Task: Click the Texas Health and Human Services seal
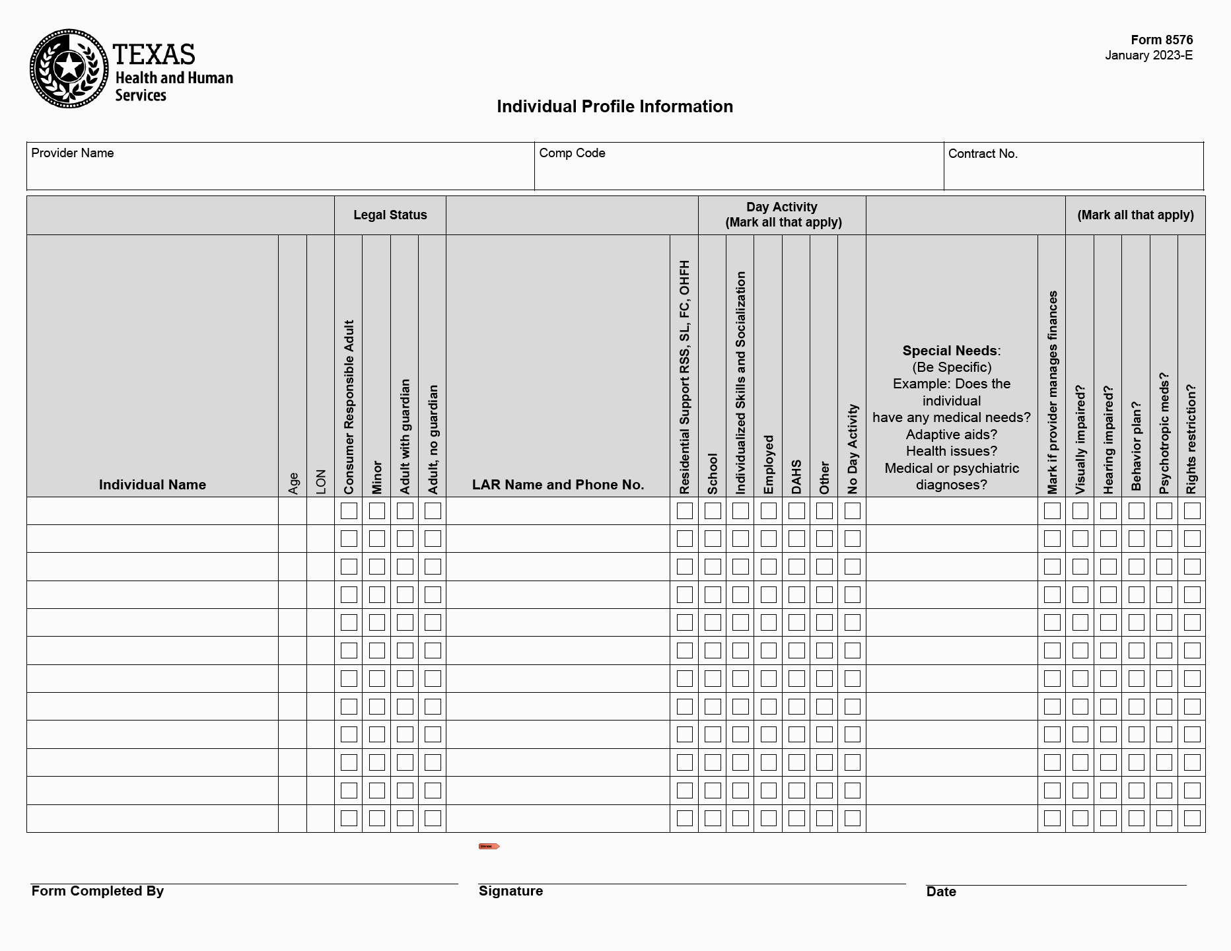tap(69, 69)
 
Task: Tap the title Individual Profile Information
tap(615, 106)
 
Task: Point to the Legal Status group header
tap(390, 215)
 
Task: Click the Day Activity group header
tap(783, 215)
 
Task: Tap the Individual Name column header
tap(153, 485)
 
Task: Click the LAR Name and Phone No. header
tap(558, 485)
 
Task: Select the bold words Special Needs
tap(950, 351)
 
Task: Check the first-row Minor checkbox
tap(377, 511)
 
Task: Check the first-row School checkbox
tap(713, 511)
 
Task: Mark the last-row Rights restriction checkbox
tap(1192, 818)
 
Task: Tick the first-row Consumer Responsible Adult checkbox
tap(349, 511)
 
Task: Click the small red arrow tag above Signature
tap(489, 846)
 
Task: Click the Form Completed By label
tap(98, 891)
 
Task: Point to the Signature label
tap(510, 891)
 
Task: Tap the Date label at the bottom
tap(941, 892)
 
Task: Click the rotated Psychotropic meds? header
tap(1164, 433)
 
